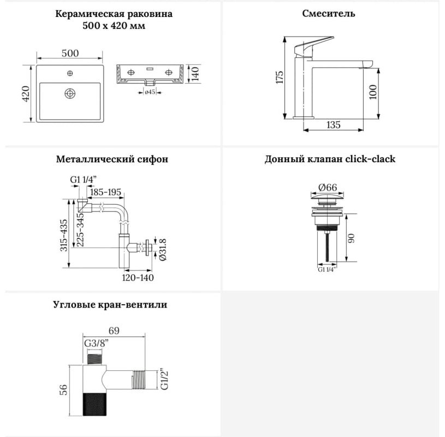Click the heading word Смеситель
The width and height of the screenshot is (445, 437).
[x=328, y=14]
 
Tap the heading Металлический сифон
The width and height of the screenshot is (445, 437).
[x=112, y=159]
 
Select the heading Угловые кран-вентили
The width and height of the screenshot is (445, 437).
[x=110, y=305]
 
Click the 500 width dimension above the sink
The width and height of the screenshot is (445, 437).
[x=70, y=53]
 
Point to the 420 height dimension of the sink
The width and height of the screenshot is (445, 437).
[x=26, y=94]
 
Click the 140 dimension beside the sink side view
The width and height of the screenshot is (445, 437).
[x=195, y=74]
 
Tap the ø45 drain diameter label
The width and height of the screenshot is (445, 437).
[x=150, y=92]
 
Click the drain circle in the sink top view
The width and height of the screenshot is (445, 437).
[x=70, y=93]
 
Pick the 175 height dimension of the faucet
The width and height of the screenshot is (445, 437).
[x=280, y=77]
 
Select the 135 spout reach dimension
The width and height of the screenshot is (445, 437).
[x=333, y=125]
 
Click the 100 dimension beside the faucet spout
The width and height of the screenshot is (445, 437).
[x=373, y=92]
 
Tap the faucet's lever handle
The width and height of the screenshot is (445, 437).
[x=313, y=47]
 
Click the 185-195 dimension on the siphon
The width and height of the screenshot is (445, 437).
[x=105, y=192]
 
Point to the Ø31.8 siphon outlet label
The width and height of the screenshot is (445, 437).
[x=163, y=250]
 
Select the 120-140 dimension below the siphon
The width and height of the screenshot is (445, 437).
[x=138, y=277]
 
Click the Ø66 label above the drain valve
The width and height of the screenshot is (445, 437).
[x=328, y=187]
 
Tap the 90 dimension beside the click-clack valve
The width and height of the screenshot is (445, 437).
[x=351, y=238]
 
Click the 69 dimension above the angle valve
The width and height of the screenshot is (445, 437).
[x=114, y=331]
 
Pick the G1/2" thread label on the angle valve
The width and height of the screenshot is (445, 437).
[x=164, y=379]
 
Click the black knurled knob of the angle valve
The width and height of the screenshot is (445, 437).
[x=94, y=404]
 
